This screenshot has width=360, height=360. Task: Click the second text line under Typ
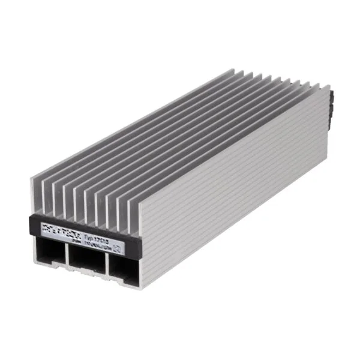click(x=99, y=233)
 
